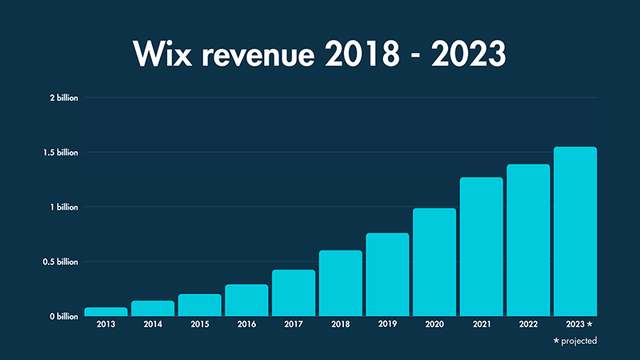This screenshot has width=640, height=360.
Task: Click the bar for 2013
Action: (106, 312)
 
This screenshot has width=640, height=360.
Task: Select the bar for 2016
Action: (246, 301)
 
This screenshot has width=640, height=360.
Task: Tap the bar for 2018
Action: (340, 284)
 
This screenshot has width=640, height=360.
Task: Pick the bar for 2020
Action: (434, 262)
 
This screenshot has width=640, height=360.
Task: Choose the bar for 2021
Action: (481, 247)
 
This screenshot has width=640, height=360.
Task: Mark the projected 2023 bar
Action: (575, 232)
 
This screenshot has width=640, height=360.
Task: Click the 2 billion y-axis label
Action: (64, 98)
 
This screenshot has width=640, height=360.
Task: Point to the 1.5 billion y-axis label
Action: (60, 152)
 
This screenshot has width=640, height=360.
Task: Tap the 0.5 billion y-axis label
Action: (60, 262)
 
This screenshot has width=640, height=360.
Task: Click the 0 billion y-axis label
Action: (64, 317)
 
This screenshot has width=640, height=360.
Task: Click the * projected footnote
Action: (574, 341)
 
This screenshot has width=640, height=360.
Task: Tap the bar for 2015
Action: (199, 306)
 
